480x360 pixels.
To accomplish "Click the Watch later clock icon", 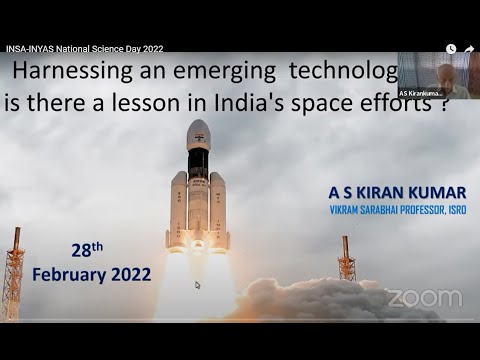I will click(x=451, y=48).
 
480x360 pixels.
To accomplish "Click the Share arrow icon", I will click(x=468, y=48).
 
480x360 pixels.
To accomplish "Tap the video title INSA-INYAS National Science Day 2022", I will click(x=84, y=48).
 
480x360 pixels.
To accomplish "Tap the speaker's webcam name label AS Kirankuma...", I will click(x=420, y=93).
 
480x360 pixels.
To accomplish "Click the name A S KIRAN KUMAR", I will click(x=396, y=192).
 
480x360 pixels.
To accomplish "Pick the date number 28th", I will click(x=86, y=251).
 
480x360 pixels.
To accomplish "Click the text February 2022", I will click(x=92, y=273).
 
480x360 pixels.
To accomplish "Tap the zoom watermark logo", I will click(x=424, y=298).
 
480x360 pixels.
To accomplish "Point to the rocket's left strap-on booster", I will click(x=178, y=210).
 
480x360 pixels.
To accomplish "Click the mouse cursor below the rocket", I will click(x=197, y=285).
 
